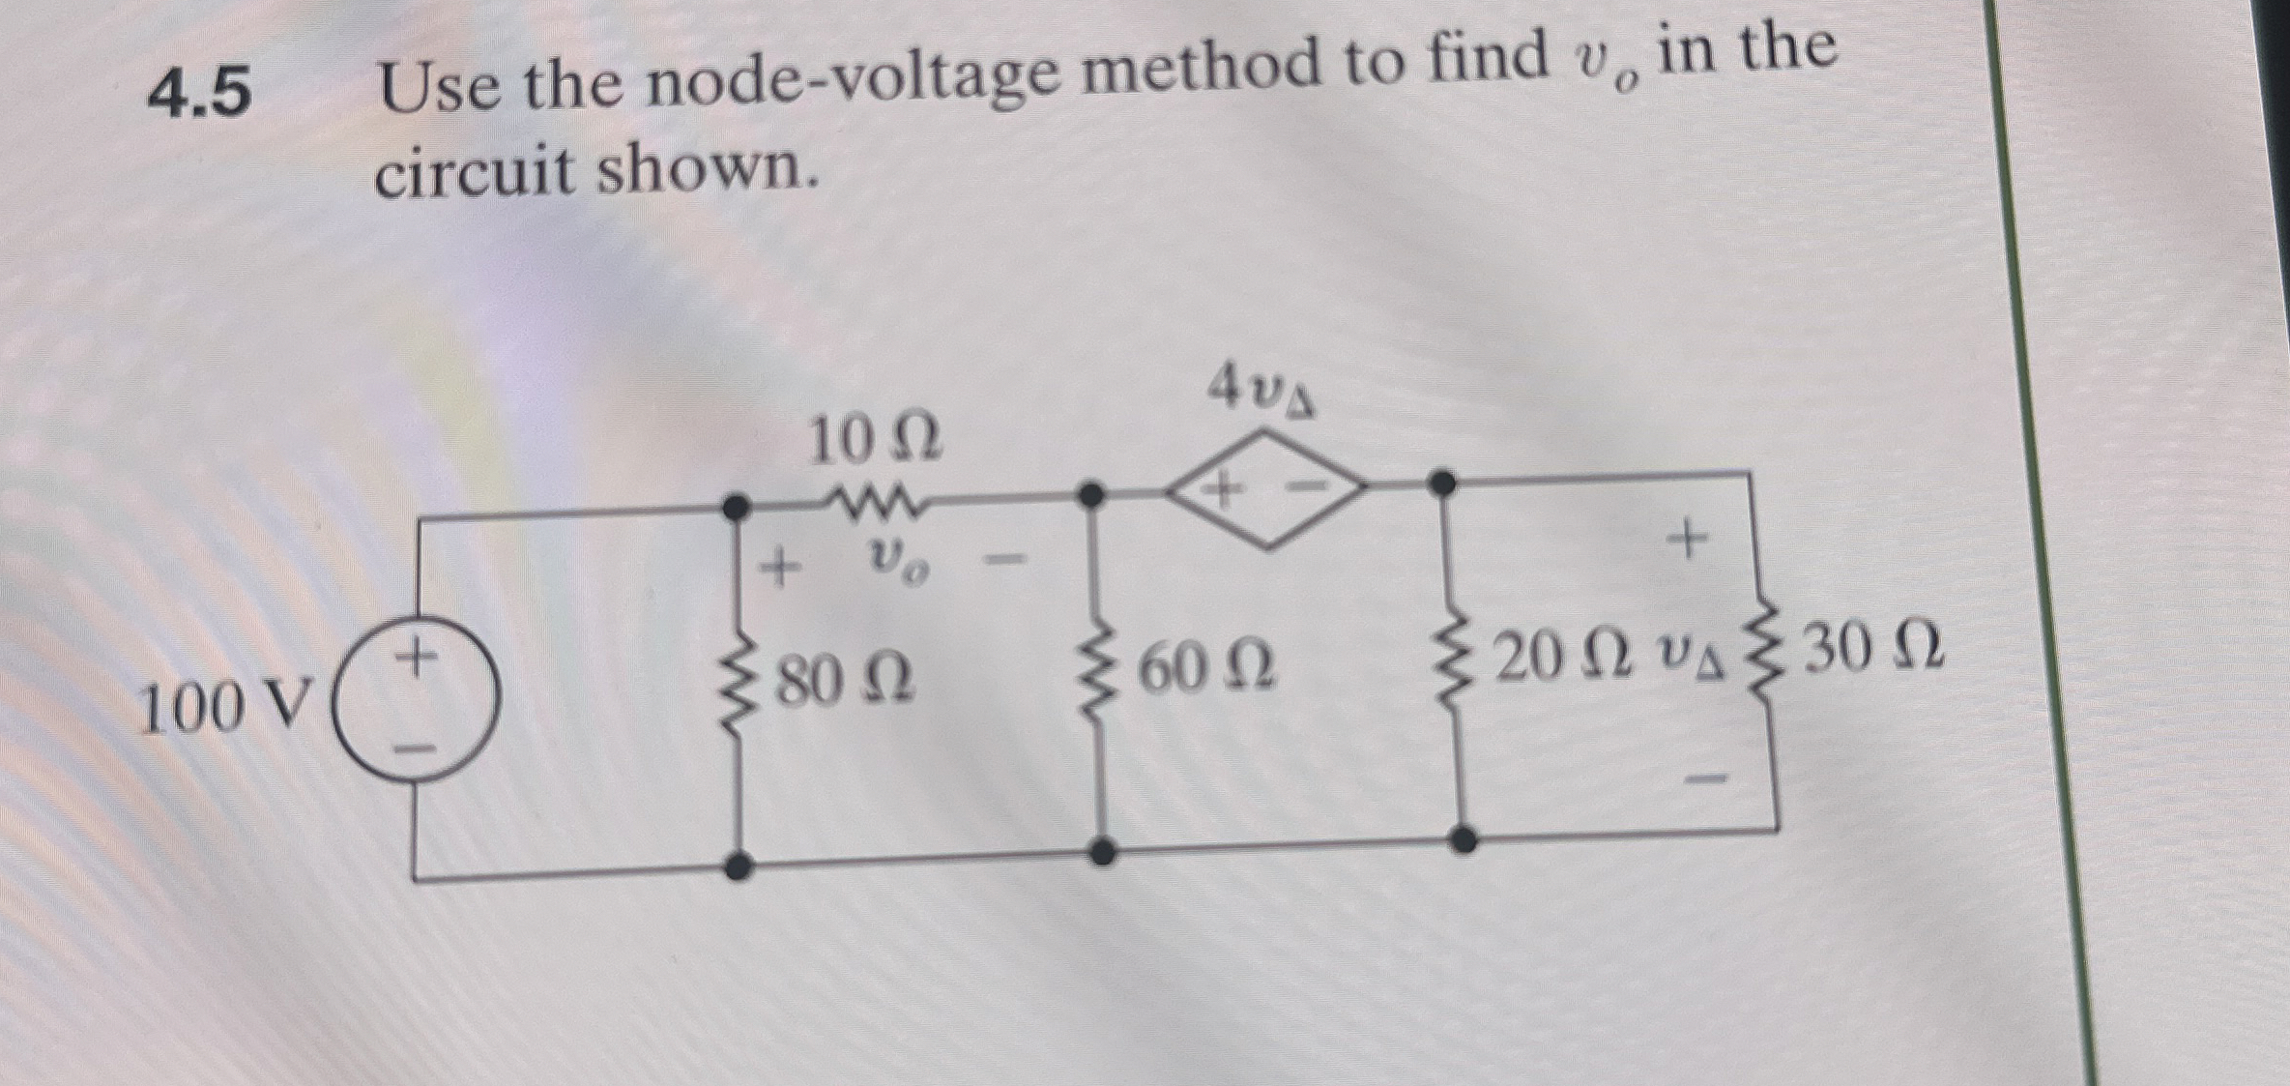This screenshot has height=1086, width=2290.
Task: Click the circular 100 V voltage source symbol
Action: click(x=417, y=699)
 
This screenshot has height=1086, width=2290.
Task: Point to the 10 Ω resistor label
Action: click(x=874, y=441)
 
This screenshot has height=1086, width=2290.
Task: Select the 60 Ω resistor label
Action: click(x=1207, y=668)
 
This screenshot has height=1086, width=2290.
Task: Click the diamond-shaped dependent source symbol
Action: click(x=1267, y=489)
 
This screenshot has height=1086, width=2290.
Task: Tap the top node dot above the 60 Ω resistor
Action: click(x=1091, y=495)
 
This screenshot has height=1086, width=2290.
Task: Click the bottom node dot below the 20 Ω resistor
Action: click(x=1464, y=838)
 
